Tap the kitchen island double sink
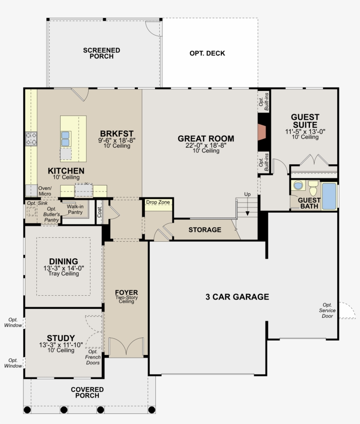(x=65, y=138)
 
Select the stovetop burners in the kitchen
(x=31, y=139)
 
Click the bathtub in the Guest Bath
(x=329, y=196)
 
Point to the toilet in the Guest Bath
(x=313, y=189)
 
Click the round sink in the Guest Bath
(x=299, y=186)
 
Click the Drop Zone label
(x=158, y=202)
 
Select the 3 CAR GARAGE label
(x=237, y=297)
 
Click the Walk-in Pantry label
(x=75, y=209)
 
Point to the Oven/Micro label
(x=44, y=191)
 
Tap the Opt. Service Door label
(x=327, y=311)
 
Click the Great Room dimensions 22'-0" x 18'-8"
(x=205, y=145)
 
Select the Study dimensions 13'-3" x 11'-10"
(x=61, y=345)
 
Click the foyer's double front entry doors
(x=126, y=347)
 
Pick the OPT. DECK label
(x=207, y=54)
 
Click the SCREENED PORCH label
(x=101, y=53)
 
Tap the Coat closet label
(x=99, y=212)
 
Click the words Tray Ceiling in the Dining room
(x=64, y=274)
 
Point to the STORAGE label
(x=205, y=230)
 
